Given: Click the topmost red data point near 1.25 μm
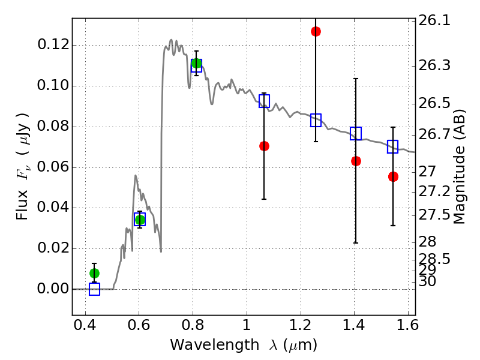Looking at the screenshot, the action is coord(316,32).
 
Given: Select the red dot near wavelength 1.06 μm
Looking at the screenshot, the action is coord(264,146).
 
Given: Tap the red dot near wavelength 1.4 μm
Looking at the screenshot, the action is coord(356,161).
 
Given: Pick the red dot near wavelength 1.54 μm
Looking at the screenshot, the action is coord(393,176).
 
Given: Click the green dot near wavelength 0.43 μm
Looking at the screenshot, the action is coord(95,273).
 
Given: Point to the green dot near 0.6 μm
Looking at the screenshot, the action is coord(140,220).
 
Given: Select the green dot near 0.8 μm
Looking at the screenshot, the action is coord(197,64).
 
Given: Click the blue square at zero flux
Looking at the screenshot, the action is coord(95,289).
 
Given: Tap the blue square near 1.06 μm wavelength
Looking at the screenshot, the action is coord(264,101).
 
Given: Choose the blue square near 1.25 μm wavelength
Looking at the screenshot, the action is coord(316,120).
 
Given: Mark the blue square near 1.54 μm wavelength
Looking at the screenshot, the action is coord(392,146).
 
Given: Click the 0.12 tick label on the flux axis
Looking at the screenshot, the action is coord(53,44).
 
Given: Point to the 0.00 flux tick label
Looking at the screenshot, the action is coord(53,289).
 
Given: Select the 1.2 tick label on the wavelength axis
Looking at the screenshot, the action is coord(301,325).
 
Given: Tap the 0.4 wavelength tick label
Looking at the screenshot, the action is coord(85,325).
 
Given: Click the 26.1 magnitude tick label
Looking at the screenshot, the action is coord(434,21).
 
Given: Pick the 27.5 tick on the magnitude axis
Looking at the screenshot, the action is coord(434,215).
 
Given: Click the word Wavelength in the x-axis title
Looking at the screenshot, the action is coord(215,345).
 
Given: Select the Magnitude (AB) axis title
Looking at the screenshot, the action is coord(458,167).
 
